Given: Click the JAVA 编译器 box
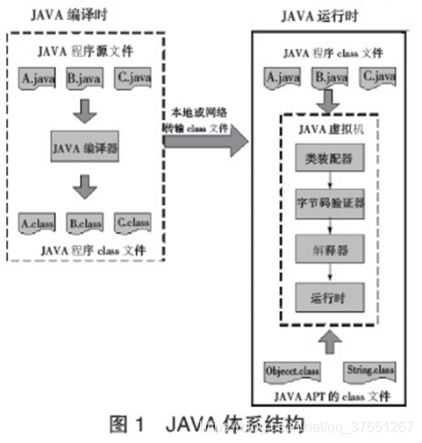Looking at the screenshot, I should (86, 149).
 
